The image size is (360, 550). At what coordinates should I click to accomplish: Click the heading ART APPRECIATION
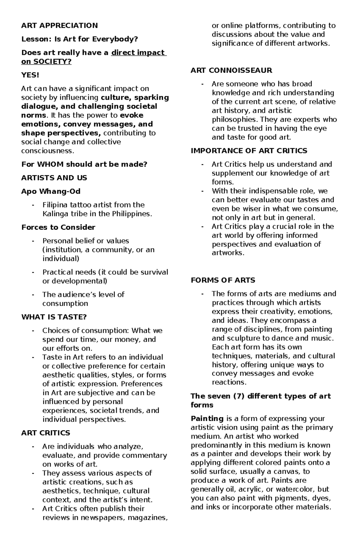click(x=59, y=25)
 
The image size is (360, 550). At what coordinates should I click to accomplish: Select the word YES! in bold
click(x=30, y=75)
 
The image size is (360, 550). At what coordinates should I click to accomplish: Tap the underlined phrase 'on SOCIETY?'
click(x=46, y=62)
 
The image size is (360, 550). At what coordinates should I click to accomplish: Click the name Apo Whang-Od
click(x=51, y=191)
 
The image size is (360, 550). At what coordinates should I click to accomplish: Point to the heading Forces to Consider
click(x=58, y=227)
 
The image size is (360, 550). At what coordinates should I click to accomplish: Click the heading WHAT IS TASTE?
click(x=54, y=317)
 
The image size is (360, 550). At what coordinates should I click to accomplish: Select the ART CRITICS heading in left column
click(x=46, y=433)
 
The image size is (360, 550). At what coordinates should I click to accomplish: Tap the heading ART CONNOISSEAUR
click(x=231, y=70)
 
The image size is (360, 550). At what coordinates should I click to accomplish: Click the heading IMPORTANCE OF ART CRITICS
click(x=249, y=151)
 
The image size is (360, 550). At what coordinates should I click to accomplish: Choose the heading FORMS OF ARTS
click(x=223, y=280)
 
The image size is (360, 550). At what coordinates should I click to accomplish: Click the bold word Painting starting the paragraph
click(x=207, y=418)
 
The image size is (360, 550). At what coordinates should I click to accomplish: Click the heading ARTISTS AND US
click(x=54, y=178)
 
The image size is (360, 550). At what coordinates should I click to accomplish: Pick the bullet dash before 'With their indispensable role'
click(x=203, y=191)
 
